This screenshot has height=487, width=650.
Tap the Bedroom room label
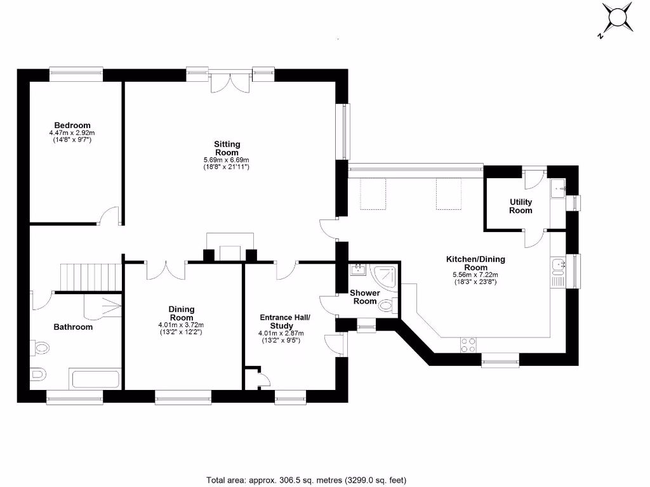[x=72, y=126]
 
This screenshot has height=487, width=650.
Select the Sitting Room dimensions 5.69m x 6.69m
[x=226, y=160]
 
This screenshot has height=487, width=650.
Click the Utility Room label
[x=521, y=206]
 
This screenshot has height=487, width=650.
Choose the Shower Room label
[x=365, y=297]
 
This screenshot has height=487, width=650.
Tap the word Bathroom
[x=72, y=327]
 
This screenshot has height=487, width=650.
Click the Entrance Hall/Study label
[x=285, y=321]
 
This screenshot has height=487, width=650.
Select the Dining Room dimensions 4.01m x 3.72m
[x=181, y=325]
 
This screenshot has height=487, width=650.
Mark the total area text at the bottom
[x=306, y=479]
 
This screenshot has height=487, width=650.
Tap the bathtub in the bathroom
[x=95, y=380]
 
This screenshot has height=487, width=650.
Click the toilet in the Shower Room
[x=387, y=306]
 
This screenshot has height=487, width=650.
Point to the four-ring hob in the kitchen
[x=468, y=345]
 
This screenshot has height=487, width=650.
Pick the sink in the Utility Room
[x=559, y=188]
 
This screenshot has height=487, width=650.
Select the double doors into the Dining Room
[x=166, y=269]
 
